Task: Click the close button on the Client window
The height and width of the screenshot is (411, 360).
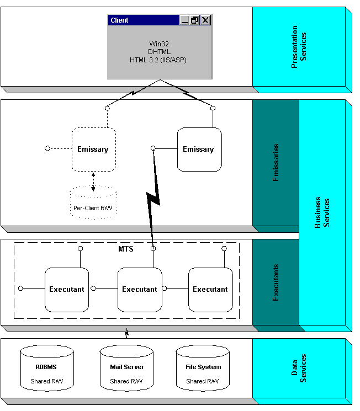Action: (x=205, y=20)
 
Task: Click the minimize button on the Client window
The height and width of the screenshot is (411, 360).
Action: (x=184, y=20)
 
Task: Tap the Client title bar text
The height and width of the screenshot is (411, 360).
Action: (x=119, y=20)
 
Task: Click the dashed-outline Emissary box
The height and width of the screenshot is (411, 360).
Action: (x=93, y=149)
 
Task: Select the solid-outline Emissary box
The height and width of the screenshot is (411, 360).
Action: (x=199, y=149)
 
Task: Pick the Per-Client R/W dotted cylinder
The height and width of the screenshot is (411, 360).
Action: (x=93, y=204)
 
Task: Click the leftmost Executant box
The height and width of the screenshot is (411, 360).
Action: (x=67, y=289)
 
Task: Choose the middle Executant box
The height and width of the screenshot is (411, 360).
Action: (x=140, y=289)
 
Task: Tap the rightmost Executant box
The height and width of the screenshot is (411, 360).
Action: (x=210, y=289)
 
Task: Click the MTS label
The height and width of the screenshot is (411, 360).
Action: (x=126, y=249)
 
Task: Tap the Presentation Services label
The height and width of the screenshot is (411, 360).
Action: (x=299, y=47)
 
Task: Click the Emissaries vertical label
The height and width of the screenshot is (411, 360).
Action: (x=276, y=163)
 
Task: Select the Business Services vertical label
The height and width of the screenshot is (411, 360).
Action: (x=322, y=212)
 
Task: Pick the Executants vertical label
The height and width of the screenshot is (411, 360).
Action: (x=276, y=282)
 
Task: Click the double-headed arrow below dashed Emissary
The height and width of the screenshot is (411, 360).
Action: (x=93, y=182)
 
